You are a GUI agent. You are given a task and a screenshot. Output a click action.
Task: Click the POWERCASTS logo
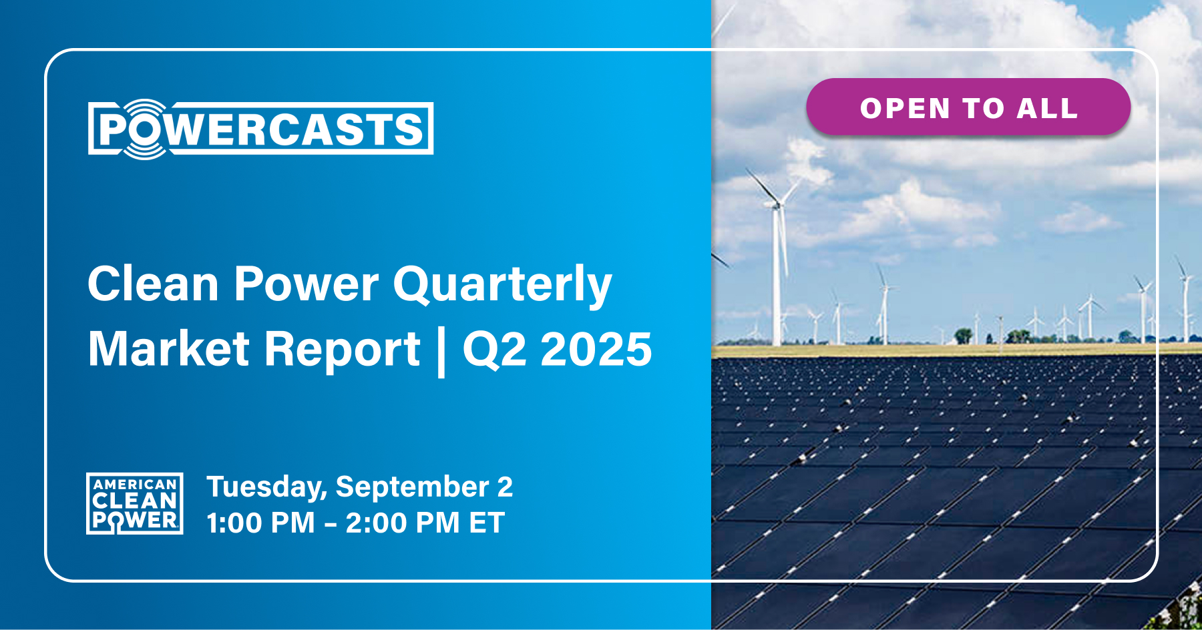(260, 129)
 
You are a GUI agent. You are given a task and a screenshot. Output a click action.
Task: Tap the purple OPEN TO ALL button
(968, 107)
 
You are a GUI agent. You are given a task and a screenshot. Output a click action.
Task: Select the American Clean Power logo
(135, 504)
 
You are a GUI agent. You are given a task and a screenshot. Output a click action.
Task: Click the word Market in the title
(169, 349)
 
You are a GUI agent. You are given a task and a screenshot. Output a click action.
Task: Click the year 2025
(596, 349)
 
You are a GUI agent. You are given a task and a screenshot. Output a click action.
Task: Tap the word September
(412, 488)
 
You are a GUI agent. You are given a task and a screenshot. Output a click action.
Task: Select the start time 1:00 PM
(260, 523)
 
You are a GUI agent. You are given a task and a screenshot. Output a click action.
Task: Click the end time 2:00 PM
(402, 523)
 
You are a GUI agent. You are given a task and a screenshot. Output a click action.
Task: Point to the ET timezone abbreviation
(486, 523)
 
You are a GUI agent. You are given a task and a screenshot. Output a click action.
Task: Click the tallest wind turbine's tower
(777, 280)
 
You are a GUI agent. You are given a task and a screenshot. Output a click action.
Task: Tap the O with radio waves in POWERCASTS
(144, 129)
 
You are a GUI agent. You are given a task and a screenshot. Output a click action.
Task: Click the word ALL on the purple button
(1047, 108)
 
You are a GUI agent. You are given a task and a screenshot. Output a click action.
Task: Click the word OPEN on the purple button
(905, 108)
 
